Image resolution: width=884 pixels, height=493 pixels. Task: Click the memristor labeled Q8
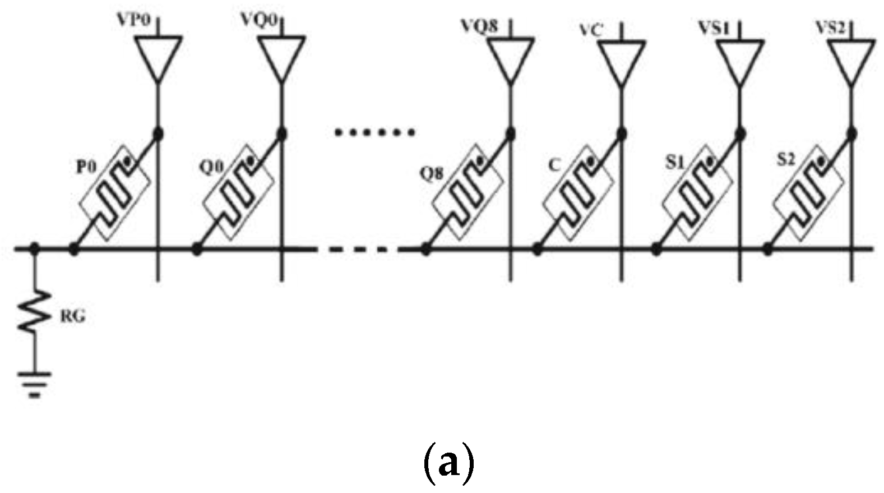pos(468,192)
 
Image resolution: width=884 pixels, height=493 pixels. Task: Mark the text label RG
pos(72,317)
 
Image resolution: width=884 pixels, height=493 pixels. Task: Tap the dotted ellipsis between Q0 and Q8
pos(374,133)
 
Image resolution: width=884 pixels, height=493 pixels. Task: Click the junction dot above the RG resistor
pos(35,248)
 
